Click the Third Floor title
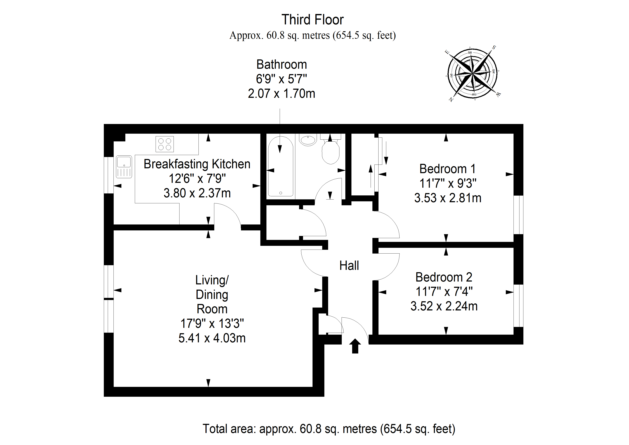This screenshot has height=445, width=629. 313,20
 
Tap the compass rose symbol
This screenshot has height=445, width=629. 473,74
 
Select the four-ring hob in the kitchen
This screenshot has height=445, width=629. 165,144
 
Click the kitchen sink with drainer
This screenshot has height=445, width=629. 124,167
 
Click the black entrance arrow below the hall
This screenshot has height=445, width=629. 355,346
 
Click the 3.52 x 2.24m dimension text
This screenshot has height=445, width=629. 444,306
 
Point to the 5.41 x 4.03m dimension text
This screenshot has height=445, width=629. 212,338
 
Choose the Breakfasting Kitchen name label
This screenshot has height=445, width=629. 197,164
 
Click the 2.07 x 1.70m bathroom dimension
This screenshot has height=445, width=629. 281,93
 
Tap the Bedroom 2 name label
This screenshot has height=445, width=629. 444,277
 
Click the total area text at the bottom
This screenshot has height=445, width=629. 329,428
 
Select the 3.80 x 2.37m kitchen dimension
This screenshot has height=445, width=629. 197,193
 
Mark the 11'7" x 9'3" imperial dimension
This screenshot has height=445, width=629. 448,183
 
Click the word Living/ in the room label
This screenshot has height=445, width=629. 212,280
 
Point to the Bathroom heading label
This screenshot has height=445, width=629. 282,65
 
